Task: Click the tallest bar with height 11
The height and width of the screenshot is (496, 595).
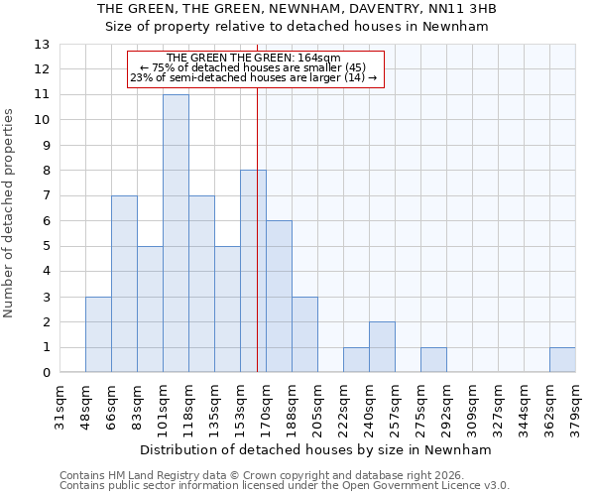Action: pos(176,233)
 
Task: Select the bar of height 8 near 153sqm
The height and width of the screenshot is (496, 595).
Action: pos(253,271)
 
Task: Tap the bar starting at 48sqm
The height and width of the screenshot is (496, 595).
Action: pos(98,334)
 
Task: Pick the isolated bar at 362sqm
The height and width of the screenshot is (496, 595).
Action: pos(562,360)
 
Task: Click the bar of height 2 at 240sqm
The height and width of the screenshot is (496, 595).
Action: pos(382,347)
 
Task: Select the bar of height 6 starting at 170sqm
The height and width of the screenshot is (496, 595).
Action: pos(279,297)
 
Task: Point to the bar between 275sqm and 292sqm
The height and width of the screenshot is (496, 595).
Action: pos(433,360)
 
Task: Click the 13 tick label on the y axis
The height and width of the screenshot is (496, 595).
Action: pos(42,45)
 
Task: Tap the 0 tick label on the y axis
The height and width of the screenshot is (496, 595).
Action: pos(46,373)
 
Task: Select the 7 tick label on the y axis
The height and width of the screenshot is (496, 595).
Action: pos(46,196)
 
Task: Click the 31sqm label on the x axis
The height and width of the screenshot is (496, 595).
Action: pos(60,408)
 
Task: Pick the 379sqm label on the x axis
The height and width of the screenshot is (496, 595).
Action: pos(576,408)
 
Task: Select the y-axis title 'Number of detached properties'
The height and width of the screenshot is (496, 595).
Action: pos(9,213)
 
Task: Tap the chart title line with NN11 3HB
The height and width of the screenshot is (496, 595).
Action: pos(297,9)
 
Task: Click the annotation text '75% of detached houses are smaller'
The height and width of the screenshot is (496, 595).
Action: pos(253,67)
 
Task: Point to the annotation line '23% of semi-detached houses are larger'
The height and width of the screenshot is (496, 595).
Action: pos(253,77)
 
